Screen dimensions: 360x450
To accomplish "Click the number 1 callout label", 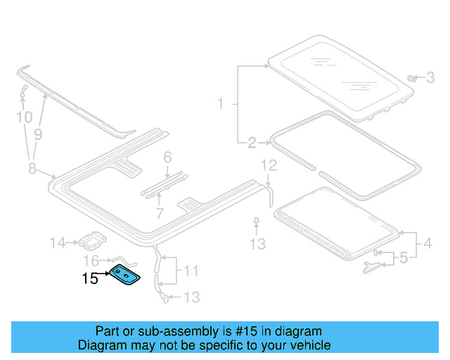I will coord(220,105).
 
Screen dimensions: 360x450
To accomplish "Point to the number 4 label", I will coord(427,245).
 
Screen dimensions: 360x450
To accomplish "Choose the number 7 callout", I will coord(160,212).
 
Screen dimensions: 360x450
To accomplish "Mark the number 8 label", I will coord(32,167).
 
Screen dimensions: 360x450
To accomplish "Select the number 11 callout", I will coord(191,270).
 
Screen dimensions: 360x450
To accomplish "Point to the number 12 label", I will coord(270,166).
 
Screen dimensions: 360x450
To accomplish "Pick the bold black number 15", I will coord(90,279).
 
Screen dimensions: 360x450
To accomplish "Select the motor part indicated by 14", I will coord(90,241).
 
